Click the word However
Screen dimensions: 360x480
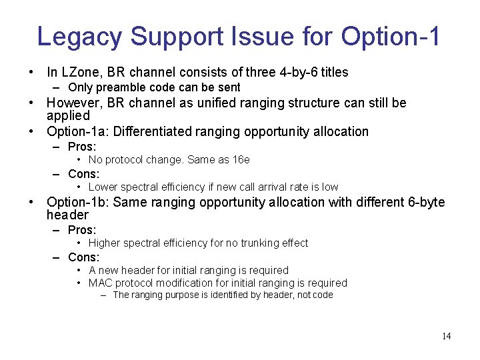pyautogui.click(x=74, y=103)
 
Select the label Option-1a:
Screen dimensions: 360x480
pyautogui.click(x=77, y=131)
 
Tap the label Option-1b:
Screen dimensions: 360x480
pyautogui.click(x=77, y=202)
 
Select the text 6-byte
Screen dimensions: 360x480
pyautogui.click(x=423, y=202)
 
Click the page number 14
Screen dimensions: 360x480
pyautogui.click(x=446, y=336)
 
